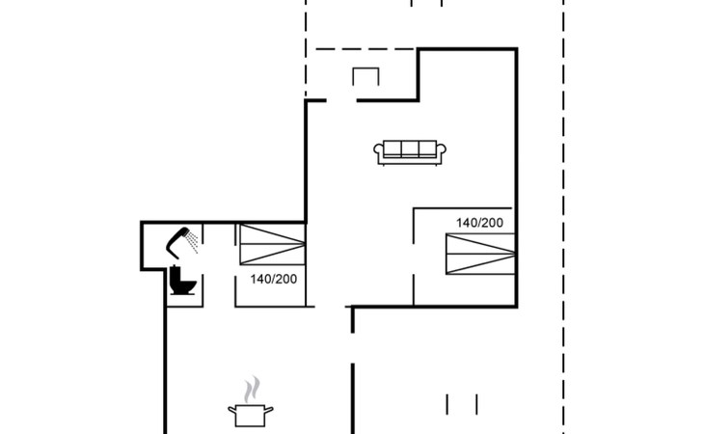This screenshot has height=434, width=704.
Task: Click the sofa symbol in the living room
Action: click(x=410, y=152)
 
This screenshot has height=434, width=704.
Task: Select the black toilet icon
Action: click(x=182, y=281)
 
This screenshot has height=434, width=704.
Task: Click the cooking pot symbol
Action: click(x=251, y=415)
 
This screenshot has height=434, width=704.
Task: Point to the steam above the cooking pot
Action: click(x=252, y=389)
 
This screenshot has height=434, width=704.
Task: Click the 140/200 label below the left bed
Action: click(x=274, y=279)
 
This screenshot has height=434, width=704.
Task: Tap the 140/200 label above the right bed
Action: click(x=479, y=223)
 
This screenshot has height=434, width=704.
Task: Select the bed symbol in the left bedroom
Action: click(x=273, y=245)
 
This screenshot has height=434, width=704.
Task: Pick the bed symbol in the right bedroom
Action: click(x=480, y=254)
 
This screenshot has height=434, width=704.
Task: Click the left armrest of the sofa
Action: click(x=379, y=150)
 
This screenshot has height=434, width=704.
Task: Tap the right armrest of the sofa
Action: click(x=441, y=150)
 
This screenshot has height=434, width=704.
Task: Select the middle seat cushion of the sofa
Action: click(x=410, y=149)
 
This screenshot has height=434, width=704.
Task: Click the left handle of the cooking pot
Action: click(x=232, y=410)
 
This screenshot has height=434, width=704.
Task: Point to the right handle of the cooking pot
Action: click(x=268, y=410)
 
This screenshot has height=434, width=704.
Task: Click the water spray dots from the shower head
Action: click(x=193, y=242)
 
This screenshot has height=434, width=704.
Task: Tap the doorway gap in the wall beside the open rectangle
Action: click(x=341, y=100)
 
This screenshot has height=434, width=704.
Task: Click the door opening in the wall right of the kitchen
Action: click(x=353, y=348)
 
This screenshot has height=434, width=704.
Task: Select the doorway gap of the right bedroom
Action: click(x=414, y=259)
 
